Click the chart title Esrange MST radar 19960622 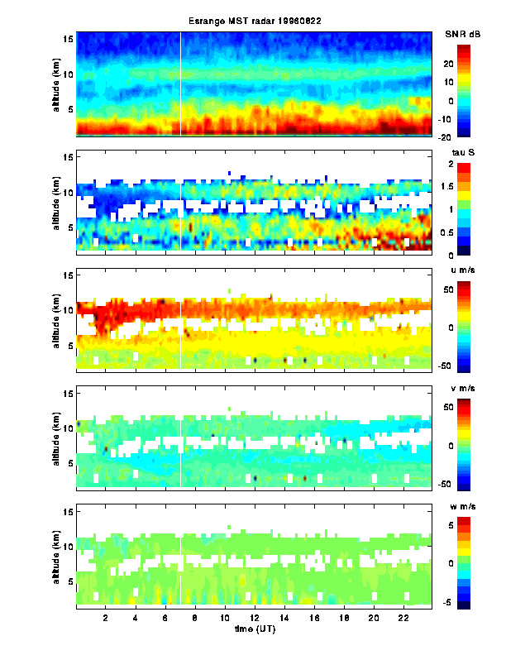coord(253,22)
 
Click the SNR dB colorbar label coord(462,33)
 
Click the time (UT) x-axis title coord(253,629)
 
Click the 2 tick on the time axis coord(106,618)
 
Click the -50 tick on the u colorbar coord(468,365)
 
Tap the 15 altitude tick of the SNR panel coord(69,39)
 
